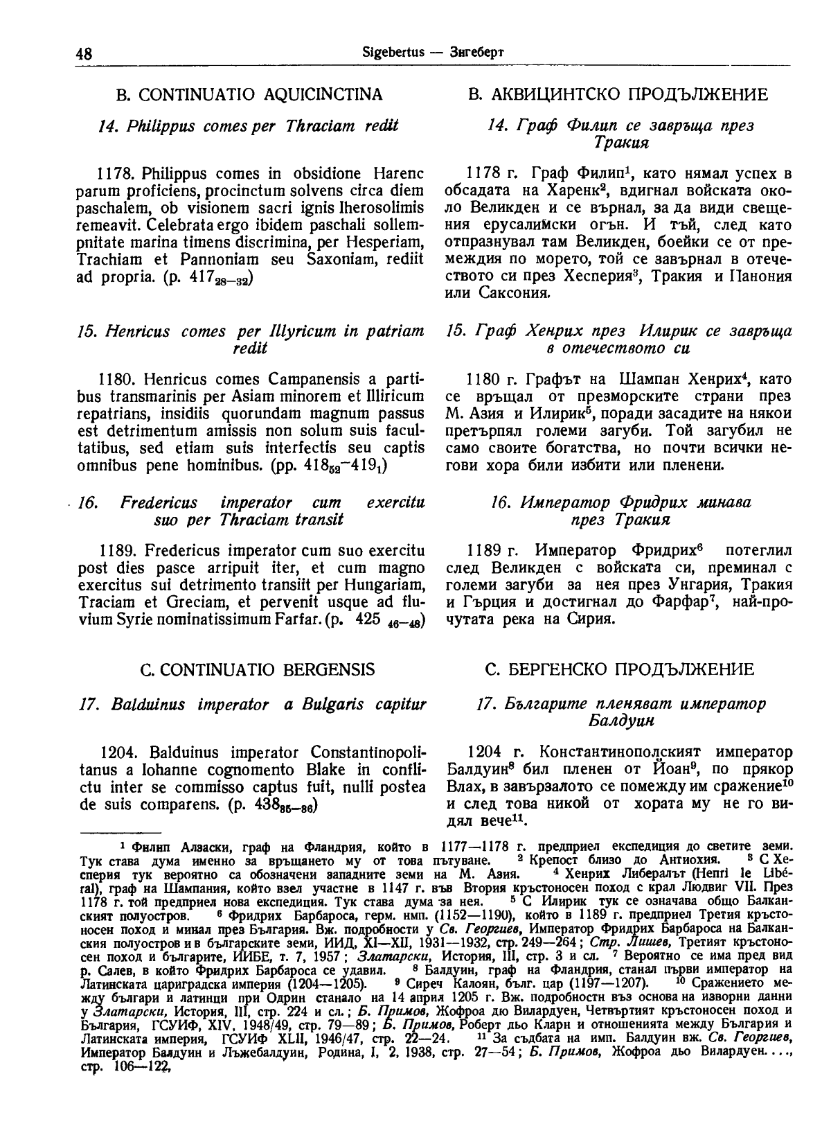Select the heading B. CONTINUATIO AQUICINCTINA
pos(251,94)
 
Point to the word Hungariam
pos(389,586)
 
